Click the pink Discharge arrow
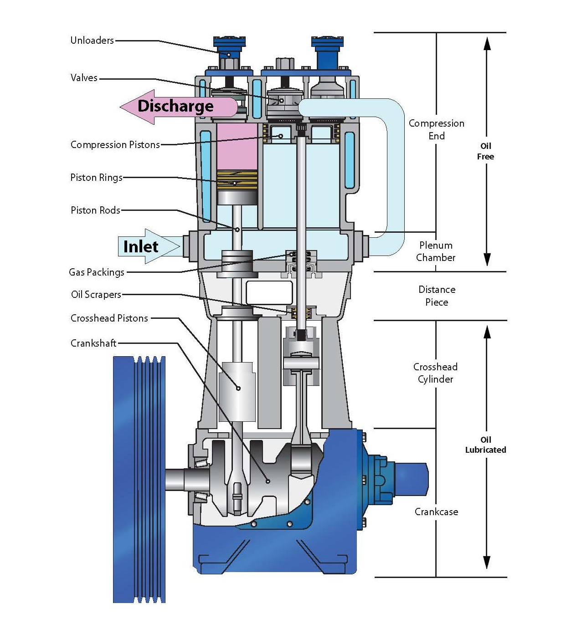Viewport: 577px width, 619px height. (175, 107)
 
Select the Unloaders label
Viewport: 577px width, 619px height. (92, 40)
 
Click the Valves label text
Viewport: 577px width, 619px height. (84, 78)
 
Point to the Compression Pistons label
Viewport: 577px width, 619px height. (115, 145)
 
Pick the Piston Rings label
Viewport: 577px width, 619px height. (96, 178)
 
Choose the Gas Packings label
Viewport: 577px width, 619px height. (97, 272)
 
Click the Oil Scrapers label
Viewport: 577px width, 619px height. (96, 295)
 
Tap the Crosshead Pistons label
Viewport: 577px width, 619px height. (109, 318)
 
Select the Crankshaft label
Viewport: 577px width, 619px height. (93, 343)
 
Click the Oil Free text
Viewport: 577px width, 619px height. (485, 151)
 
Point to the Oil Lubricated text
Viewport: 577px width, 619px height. (485, 445)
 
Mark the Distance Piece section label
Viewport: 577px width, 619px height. (437, 296)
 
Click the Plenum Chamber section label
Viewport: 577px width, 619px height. (436, 251)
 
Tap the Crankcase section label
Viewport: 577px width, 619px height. (436, 512)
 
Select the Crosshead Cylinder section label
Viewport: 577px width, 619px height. (435, 373)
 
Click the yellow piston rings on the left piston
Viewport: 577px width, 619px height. (237, 180)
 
